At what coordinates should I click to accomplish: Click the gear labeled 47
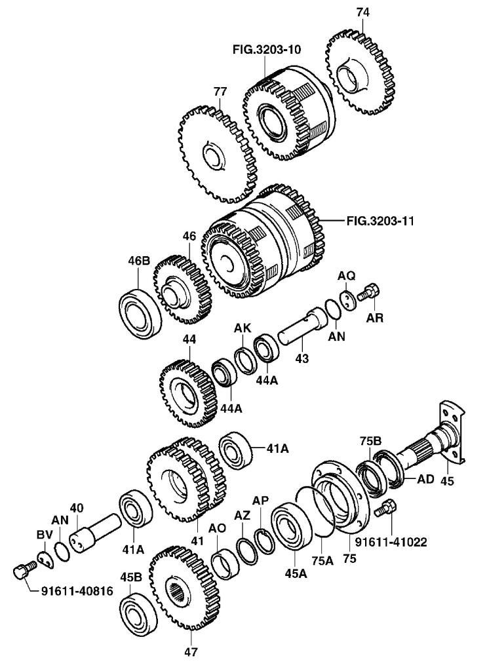click(185, 591)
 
